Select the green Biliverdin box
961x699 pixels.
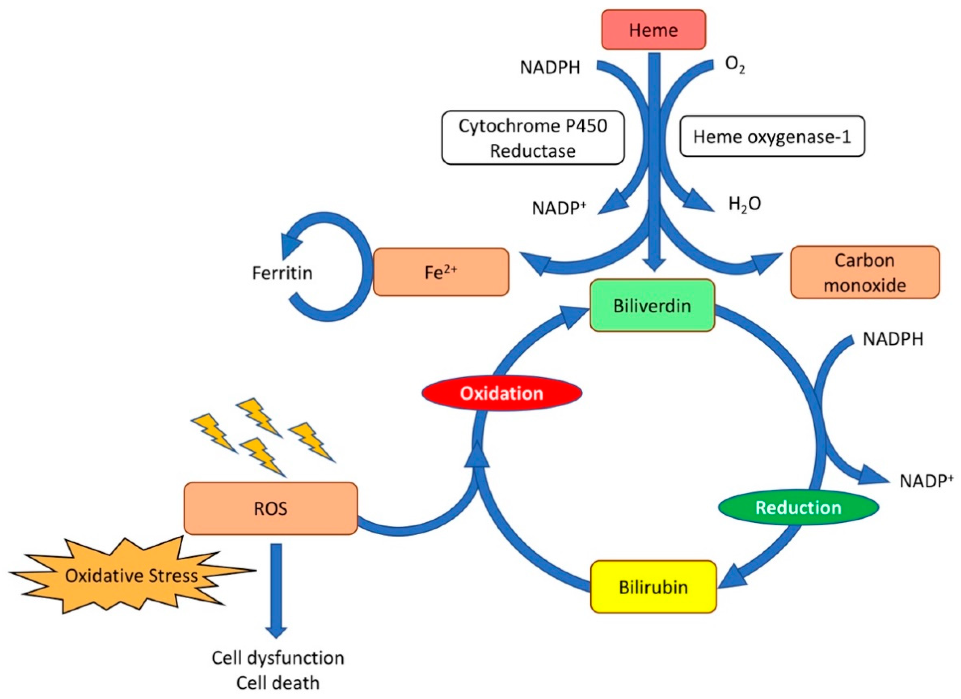(652, 306)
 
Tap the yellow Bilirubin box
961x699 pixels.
(653, 587)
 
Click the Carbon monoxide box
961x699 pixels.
(864, 273)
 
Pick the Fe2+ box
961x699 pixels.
(441, 272)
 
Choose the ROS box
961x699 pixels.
(270, 508)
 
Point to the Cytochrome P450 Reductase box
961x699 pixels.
(533, 138)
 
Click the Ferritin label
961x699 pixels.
(282, 273)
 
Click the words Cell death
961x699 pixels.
(277, 683)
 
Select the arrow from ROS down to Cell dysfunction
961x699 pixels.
(276, 589)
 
